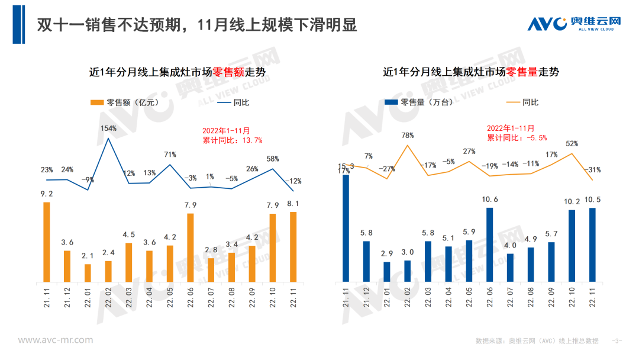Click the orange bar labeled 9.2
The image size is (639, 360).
pos(46,242)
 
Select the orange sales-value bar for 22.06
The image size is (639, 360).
pos(191,247)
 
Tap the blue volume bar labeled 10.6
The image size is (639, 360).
pos(490,244)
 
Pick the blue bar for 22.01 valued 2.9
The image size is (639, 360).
pos(387,271)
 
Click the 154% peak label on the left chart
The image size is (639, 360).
pos(108,128)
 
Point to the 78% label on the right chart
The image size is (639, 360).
pos(407,136)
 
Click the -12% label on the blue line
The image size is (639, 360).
pos(293,181)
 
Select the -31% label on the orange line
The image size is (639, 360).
pos(592,170)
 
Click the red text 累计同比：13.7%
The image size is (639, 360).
pos(232,140)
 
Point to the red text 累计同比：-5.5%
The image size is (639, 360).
pos(517,137)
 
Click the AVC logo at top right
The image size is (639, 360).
pos(574,24)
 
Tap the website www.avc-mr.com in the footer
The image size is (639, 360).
pos(55,340)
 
